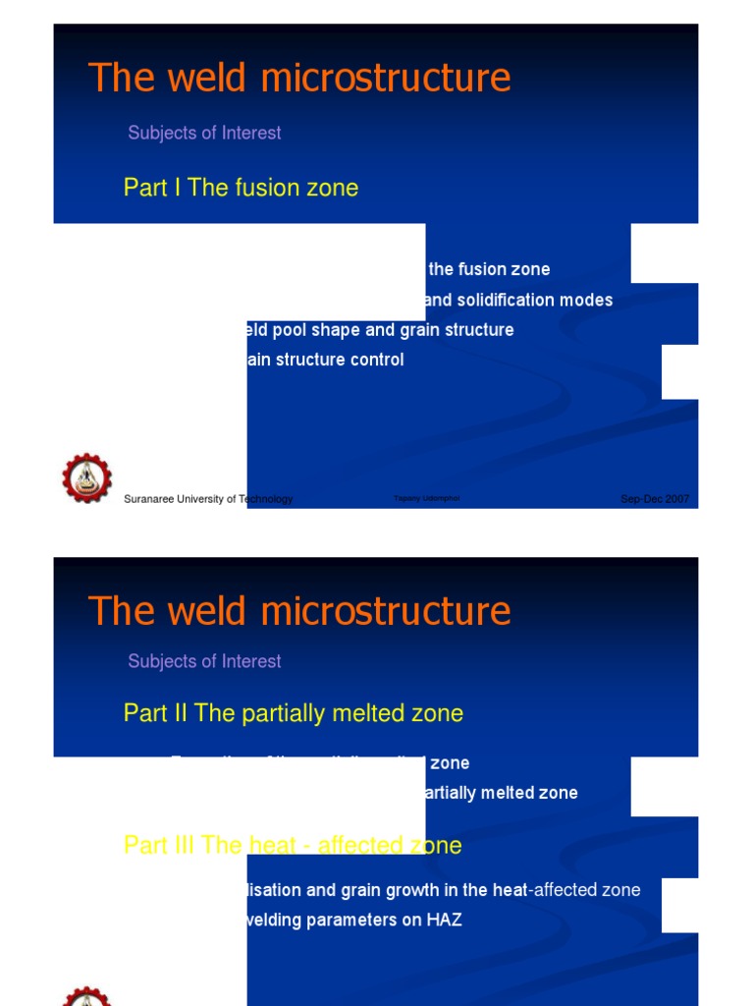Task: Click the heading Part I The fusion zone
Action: pos(241,188)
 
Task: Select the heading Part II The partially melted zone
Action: pos(293,713)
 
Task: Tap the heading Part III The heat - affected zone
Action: pos(293,845)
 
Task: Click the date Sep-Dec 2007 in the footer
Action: pos(655,499)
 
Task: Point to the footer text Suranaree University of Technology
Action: pos(208,499)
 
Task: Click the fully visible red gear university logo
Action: pos(87,478)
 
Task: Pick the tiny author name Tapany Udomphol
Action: pos(426,499)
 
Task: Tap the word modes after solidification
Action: pos(584,300)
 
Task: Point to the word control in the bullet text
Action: pos(376,360)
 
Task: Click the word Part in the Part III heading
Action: pos(144,845)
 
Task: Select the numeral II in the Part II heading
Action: pos(179,713)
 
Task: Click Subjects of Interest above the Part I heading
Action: pos(204,133)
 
